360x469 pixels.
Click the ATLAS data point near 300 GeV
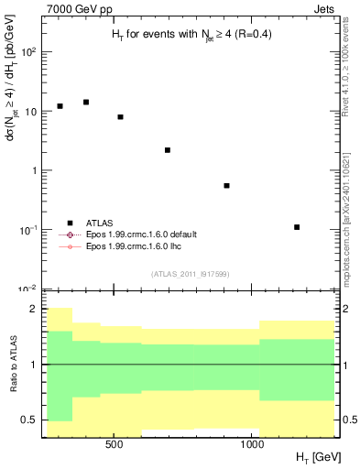[x=60, y=106]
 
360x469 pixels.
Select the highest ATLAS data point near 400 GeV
[x=86, y=102]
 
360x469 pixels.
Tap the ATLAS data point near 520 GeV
[x=120, y=117]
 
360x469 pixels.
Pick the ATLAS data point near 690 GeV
[x=168, y=150]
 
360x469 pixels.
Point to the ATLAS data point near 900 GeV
[x=226, y=186]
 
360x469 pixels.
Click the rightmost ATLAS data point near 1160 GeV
[x=297, y=227]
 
